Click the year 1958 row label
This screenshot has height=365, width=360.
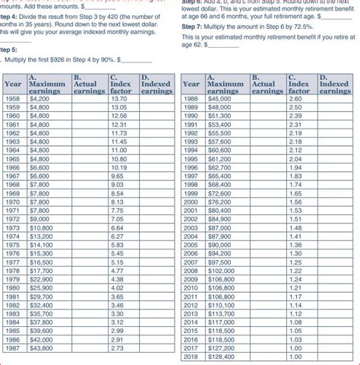(x=11, y=99)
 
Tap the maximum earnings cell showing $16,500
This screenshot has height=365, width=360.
(x=39, y=262)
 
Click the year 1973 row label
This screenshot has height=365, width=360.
(x=11, y=227)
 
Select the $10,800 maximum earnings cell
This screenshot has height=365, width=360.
(x=39, y=227)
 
